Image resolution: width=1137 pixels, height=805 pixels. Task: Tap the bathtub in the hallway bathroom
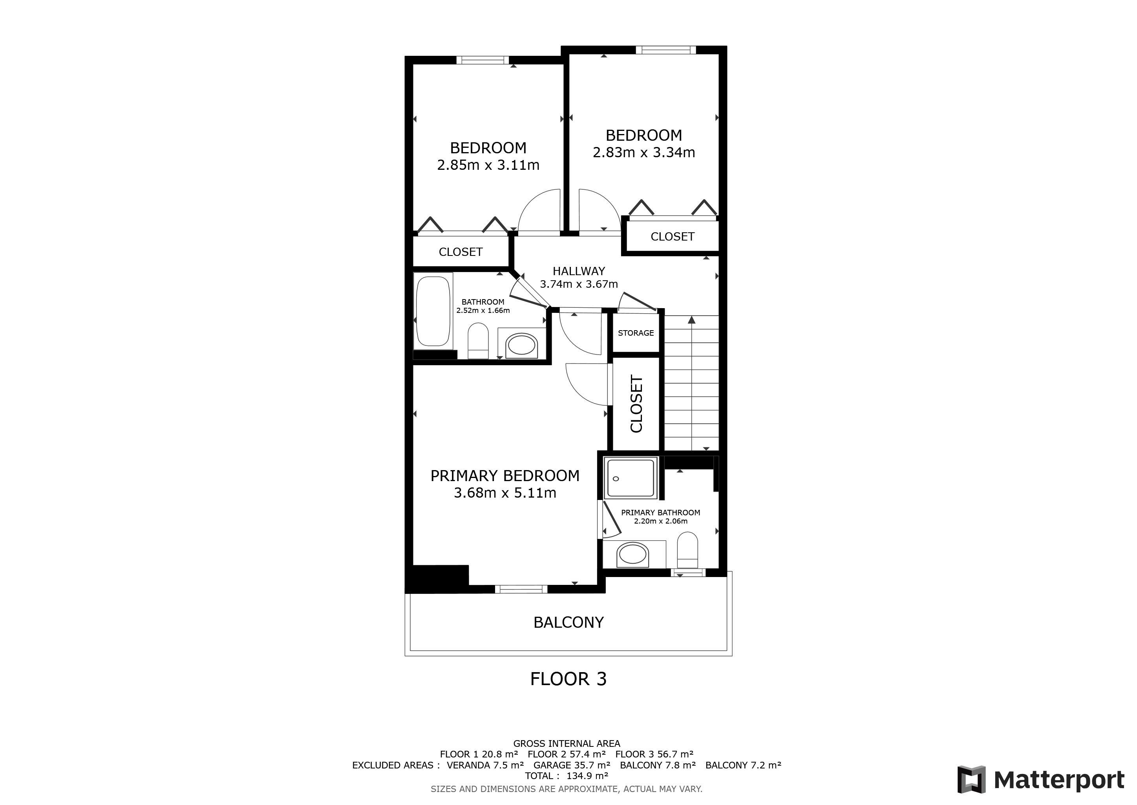433,311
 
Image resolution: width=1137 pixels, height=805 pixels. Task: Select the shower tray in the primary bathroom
631,478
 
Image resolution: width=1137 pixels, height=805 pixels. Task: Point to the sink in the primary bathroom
632,554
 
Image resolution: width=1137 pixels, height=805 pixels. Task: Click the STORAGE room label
636,333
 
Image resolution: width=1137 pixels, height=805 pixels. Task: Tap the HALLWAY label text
579,271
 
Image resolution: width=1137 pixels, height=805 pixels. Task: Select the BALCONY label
568,623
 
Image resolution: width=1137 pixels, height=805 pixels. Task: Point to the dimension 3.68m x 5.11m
505,493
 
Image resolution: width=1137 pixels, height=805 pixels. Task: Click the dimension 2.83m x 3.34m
644,153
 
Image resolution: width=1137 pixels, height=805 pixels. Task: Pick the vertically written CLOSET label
636,404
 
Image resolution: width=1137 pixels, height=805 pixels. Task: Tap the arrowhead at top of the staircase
692,320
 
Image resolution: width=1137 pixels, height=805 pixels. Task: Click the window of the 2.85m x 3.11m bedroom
483,61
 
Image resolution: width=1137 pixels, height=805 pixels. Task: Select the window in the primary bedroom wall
521,589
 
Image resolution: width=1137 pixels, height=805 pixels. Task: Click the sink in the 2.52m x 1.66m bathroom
521,345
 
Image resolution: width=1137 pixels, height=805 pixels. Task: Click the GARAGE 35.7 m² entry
572,765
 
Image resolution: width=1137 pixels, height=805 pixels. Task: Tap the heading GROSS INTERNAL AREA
567,744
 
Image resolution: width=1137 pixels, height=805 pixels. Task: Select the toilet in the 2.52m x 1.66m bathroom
478,341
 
